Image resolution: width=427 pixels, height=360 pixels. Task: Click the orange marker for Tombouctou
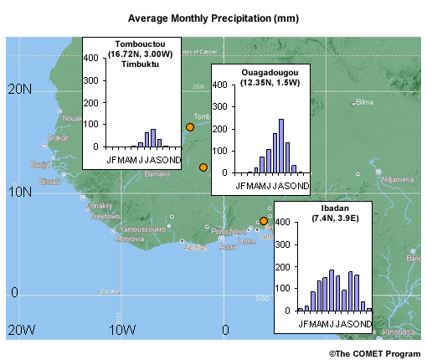click(190, 127)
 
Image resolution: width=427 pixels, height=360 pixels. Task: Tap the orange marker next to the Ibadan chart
click(264, 221)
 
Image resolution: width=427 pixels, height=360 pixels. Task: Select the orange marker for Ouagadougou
click(203, 167)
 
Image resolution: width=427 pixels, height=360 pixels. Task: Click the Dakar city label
click(58, 137)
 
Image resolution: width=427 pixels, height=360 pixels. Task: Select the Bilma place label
click(364, 102)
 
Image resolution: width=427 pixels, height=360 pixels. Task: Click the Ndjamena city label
click(396, 178)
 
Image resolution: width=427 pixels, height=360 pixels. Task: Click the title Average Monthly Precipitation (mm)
click(215, 17)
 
